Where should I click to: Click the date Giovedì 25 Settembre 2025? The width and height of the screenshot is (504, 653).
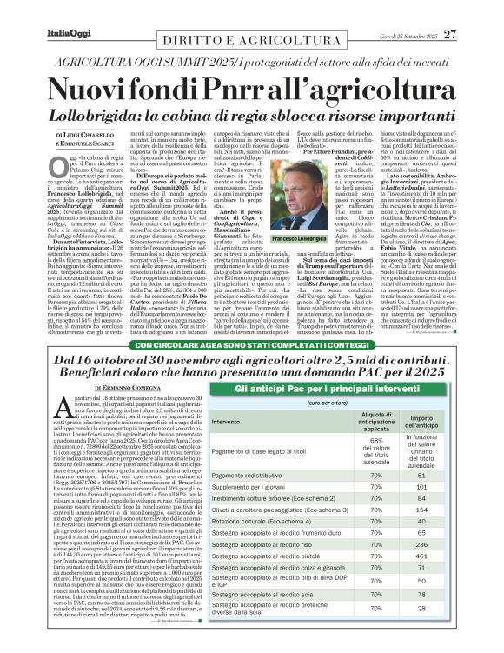(404, 11)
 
